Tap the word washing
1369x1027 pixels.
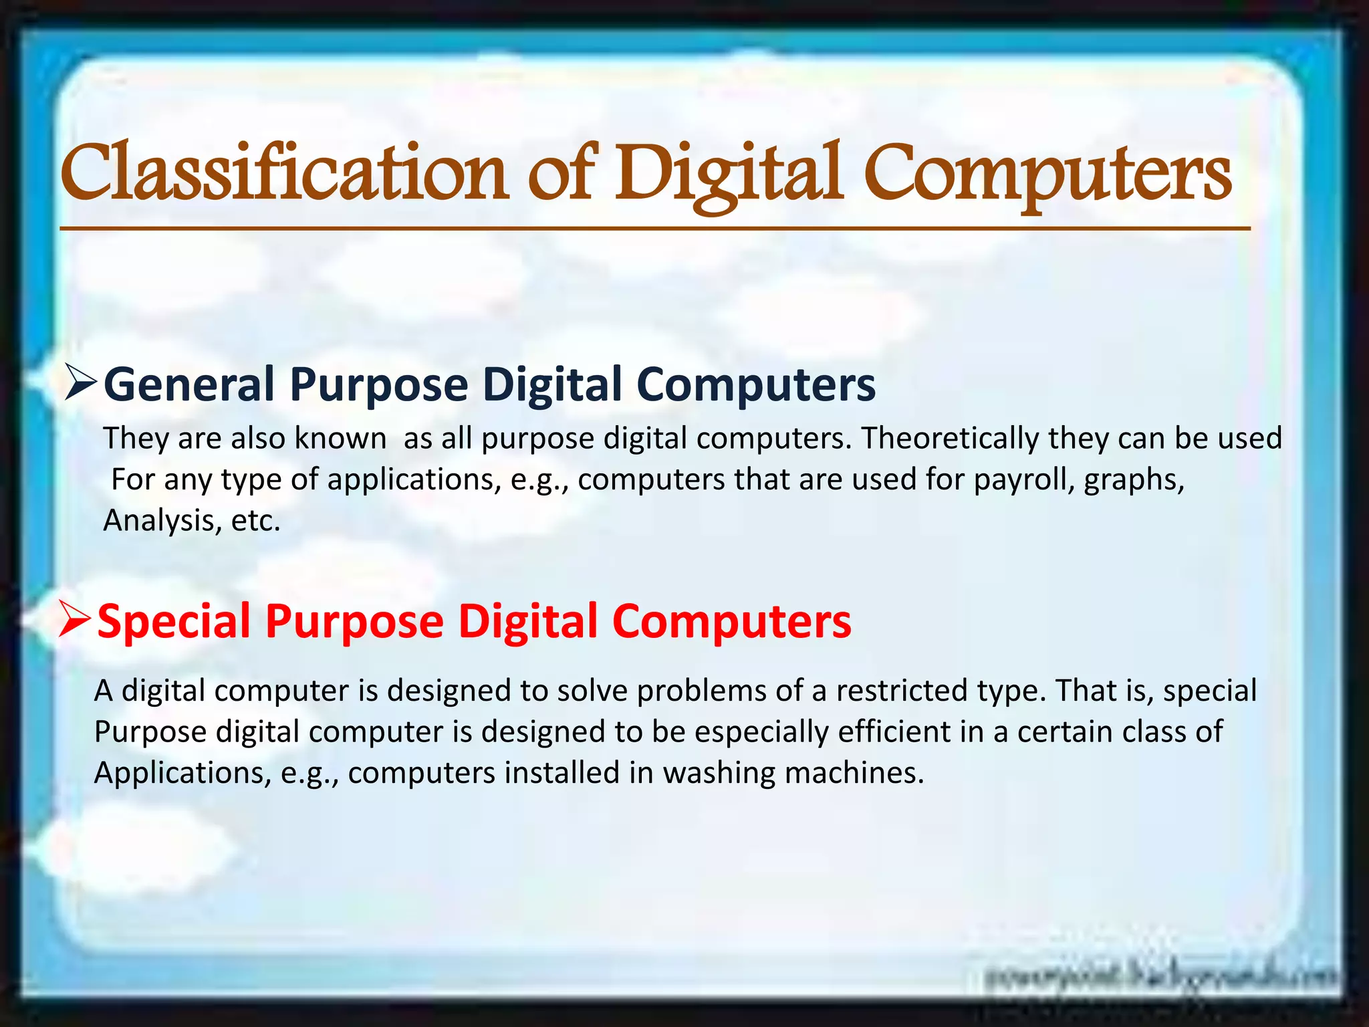719,774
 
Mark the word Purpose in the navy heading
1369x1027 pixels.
378,385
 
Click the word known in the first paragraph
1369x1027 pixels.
340,439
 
